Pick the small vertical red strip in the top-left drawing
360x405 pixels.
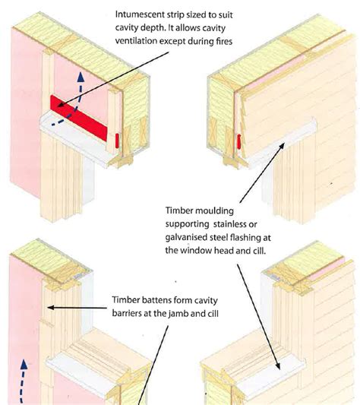coord(116,141)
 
